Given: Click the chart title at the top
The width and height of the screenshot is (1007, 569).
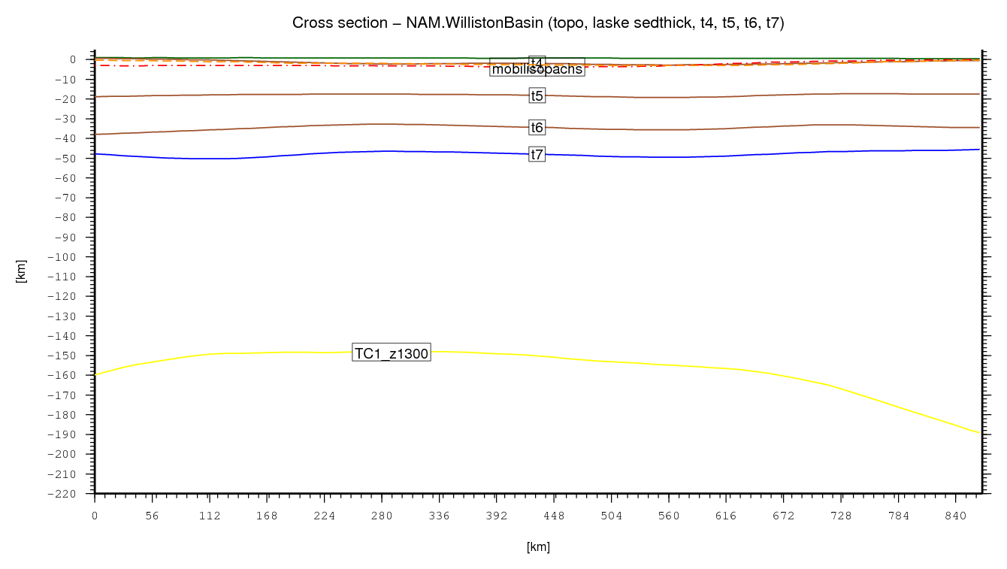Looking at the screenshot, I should coord(538,23).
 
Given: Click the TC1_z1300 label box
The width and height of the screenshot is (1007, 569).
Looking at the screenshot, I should coord(392,354).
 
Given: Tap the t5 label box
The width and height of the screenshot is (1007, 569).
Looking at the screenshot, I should coord(537,95).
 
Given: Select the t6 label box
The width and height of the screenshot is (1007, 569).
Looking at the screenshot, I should coord(537,127).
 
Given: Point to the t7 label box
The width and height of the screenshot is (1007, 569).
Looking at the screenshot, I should coord(537,154).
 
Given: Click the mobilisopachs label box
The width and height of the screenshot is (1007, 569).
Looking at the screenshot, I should coord(537,70).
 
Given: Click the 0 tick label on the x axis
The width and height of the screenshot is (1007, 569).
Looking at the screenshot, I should coord(95,516).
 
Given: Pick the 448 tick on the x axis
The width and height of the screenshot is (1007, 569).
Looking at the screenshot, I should coord(554,516).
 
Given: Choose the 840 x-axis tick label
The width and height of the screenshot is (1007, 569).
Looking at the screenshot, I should coord(956,516).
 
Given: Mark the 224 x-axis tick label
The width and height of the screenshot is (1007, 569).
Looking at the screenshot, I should coord(324,516).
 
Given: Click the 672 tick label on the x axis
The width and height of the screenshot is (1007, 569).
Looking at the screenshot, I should coord(784,516).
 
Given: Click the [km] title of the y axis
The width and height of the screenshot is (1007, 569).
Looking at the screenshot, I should coord(21,271).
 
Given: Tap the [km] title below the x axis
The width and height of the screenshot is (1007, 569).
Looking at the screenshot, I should coord(538,547).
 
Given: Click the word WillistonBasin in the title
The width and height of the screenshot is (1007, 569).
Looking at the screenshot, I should coord(478,23).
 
